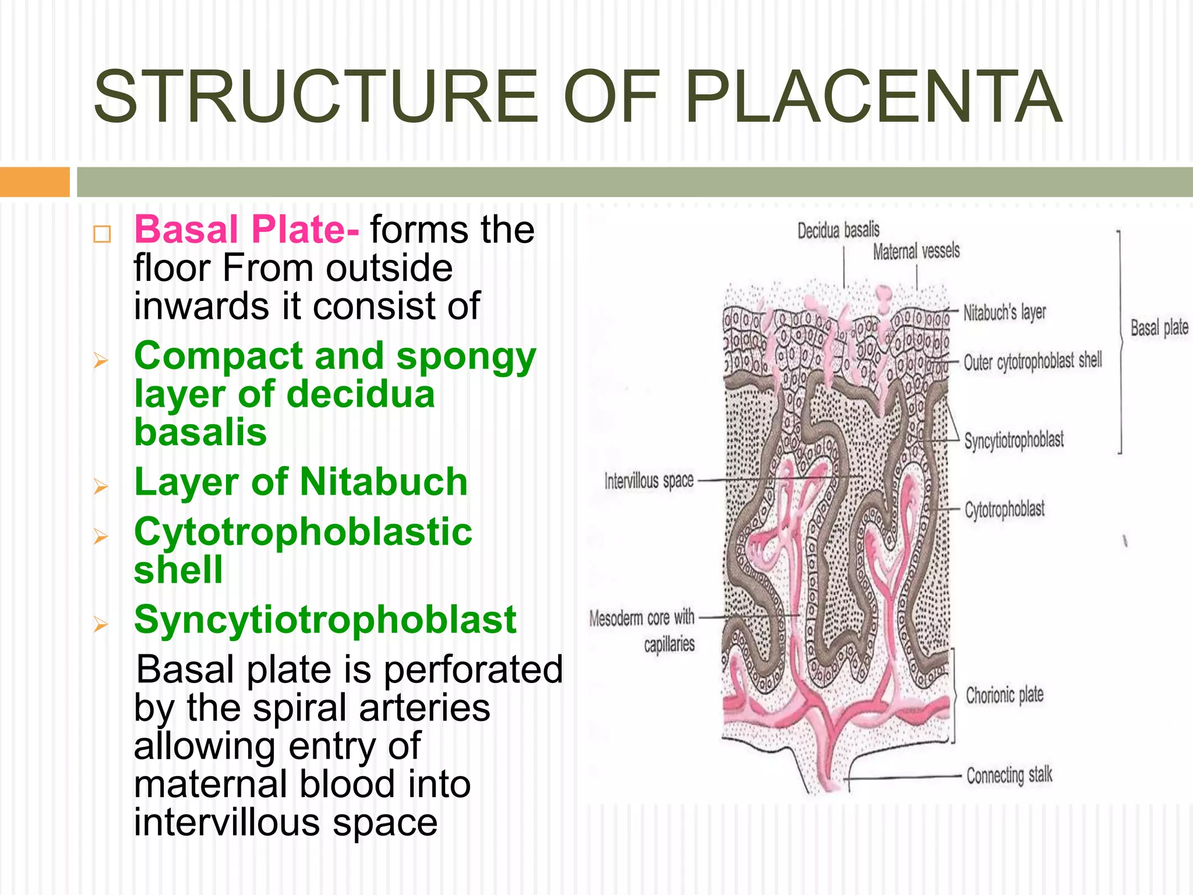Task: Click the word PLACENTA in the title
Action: [874, 97]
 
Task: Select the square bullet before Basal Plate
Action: [102, 234]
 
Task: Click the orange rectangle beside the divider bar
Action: [34, 182]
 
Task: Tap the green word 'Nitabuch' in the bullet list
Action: [384, 482]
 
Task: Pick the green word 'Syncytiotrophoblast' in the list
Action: [325, 619]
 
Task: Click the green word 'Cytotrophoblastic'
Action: [303, 532]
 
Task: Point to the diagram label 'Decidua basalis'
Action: [838, 231]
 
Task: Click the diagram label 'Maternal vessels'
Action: [916, 252]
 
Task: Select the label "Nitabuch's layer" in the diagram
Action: [1004, 313]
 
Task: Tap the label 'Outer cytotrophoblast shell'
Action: [1033, 362]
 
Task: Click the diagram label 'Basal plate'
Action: [1159, 328]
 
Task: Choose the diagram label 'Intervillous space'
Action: [649, 481]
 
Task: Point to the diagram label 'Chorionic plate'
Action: [1004, 695]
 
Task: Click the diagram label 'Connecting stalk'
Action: [1009, 776]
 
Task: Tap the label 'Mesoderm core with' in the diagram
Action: [641, 618]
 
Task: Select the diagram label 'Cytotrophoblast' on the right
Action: [1004, 509]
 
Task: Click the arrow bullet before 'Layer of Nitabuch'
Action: [101, 486]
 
